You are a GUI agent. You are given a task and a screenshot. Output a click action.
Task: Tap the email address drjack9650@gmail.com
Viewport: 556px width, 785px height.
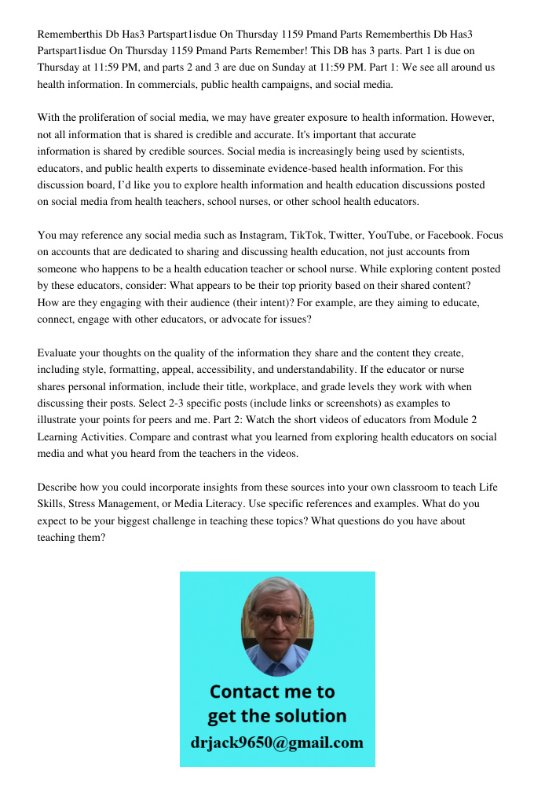[276, 743]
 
